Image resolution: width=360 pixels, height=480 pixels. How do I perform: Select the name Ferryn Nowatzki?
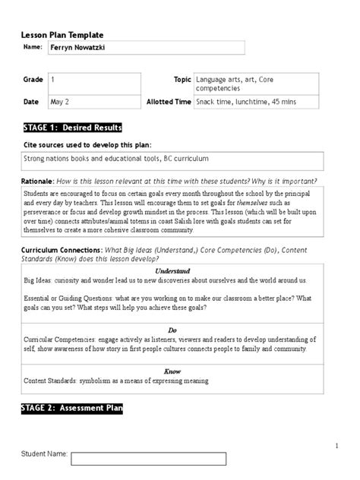[78, 47]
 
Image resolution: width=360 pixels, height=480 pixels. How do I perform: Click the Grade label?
[32, 79]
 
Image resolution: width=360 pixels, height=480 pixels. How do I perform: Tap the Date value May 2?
[60, 101]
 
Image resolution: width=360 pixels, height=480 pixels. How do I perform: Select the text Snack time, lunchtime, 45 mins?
[241, 101]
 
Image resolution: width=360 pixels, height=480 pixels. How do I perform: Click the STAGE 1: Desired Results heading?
[71, 128]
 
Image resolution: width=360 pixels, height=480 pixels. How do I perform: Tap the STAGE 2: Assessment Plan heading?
[71, 409]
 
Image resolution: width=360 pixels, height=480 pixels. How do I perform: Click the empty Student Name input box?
[149, 458]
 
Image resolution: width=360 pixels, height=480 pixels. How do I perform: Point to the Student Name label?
[43, 454]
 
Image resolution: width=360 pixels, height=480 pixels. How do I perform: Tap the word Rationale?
[36, 182]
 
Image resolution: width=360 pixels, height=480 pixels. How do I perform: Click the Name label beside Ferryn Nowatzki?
[33, 47]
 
